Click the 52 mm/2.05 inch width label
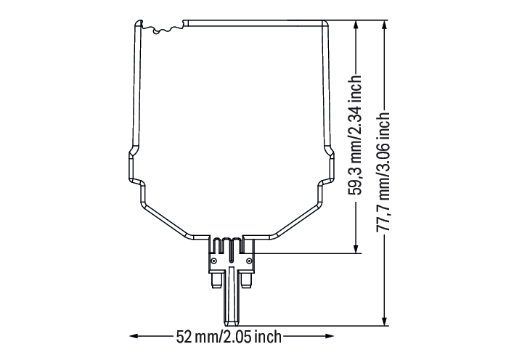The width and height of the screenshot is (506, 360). pyautogui.click(x=229, y=337)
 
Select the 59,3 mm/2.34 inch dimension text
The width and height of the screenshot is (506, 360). pyautogui.click(x=355, y=136)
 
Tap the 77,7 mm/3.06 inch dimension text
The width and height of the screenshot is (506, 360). pyautogui.click(x=384, y=171)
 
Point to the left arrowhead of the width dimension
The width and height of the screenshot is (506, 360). pyautogui.click(x=134, y=336)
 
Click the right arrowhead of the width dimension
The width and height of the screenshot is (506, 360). pyautogui.click(x=330, y=336)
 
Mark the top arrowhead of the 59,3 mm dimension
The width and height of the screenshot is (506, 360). pyautogui.click(x=356, y=25)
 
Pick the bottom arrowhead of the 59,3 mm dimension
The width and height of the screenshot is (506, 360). pyautogui.click(x=356, y=248)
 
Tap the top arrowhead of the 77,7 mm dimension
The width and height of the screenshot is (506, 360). pyautogui.click(x=384, y=25)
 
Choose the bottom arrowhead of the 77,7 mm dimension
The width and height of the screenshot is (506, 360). pyautogui.click(x=384, y=320)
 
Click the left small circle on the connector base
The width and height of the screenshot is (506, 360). pyautogui.click(x=214, y=261)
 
